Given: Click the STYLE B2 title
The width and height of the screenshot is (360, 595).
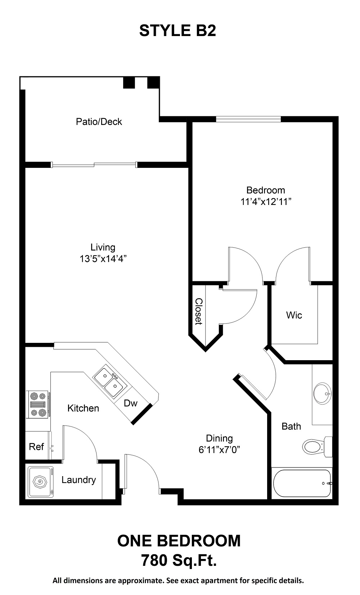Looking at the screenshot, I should pyautogui.click(x=177, y=31).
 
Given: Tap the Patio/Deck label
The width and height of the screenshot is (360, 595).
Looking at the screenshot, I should pyautogui.click(x=99, y=122).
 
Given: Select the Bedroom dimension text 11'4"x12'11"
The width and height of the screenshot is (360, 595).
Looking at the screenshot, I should pyautogui.click(x=266, y=202).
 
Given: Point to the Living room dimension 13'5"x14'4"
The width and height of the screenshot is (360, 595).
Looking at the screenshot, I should pyautogui.click(x=103, y=259).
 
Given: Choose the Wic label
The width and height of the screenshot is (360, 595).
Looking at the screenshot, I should pyautogui.click(x=294, y=315).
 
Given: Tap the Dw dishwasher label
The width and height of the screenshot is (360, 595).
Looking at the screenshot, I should pyautogui.click(x=130, y=403).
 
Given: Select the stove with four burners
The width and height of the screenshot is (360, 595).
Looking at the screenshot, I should pyautogui.click(x=38, y=404).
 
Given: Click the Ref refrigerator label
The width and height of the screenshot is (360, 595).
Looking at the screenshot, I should pyautogui.click(x=36, y=447).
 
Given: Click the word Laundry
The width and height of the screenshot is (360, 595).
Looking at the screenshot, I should pyautogui.click(x=78, y=480).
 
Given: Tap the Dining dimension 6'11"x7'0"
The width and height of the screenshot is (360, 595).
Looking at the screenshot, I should pyautogui.click(x=219, y=449).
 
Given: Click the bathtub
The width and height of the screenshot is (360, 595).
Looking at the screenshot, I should pyautogui.click(x=302, y=483).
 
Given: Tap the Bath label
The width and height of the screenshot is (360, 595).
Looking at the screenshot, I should pyautogui.click(x=291, y=426).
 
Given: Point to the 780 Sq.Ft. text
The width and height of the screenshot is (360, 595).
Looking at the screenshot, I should pyautogui.click(x=179, y=560).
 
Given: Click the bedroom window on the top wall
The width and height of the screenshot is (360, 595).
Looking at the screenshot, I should pyautogui.click(x=248, y=119).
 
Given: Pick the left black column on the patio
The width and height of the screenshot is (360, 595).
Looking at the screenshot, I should pyautogui.click(x=129, y=82).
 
